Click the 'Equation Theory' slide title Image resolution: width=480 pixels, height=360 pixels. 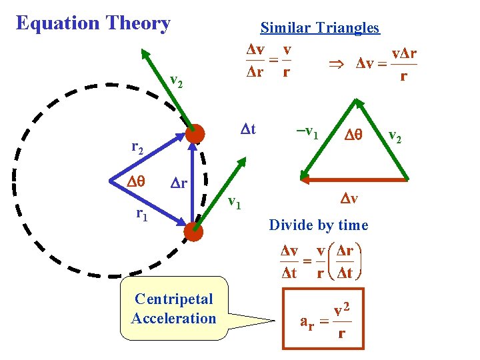click(93, 23)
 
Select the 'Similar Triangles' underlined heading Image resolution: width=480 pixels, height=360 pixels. click(319, 28)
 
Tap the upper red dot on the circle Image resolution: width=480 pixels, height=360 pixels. click(195, 134)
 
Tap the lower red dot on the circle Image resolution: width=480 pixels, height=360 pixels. click(194, 231)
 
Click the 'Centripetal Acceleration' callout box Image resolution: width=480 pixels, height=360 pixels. click(173, 309)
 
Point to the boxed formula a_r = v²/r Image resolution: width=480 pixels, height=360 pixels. click(323, 318)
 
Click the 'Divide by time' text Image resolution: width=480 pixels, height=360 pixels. click(318, 225)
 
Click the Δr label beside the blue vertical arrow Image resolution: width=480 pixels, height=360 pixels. click(179, 183)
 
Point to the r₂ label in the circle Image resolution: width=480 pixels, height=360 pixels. click(135, 148)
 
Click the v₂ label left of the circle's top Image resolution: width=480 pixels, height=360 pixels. click(176, 81)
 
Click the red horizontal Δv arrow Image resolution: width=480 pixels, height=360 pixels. click(353, 179)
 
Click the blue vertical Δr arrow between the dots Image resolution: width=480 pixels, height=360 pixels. click(194, 183)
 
